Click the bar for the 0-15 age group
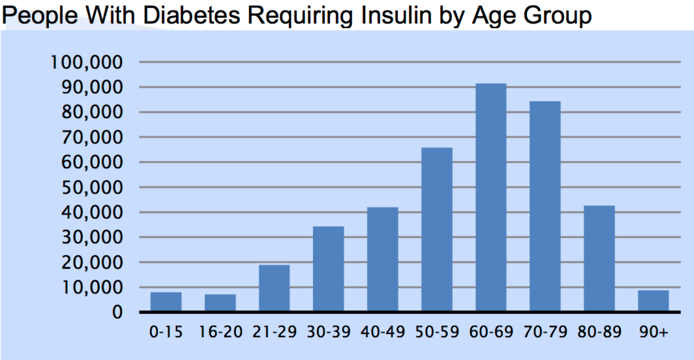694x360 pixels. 166,302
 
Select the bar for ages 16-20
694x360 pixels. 220,303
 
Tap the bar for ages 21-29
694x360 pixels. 274,288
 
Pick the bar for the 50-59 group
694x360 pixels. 436,230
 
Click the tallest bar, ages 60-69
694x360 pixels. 490,198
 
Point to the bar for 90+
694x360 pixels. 653,301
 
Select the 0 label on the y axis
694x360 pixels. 117,312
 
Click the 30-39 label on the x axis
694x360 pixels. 328,333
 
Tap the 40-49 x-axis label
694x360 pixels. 382,333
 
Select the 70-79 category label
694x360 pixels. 545,333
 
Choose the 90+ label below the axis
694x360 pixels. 653,333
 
